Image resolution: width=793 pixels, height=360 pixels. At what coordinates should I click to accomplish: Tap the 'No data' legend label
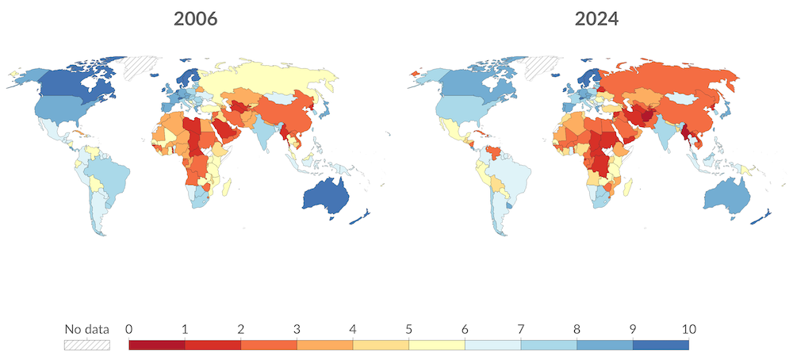86,329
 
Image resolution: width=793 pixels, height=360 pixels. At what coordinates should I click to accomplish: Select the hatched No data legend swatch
86,345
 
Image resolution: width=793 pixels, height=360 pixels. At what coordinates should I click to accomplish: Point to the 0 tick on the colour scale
128,329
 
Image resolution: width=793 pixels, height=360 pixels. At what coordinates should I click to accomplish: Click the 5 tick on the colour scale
408,329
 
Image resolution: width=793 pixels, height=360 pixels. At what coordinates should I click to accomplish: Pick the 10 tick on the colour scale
688,329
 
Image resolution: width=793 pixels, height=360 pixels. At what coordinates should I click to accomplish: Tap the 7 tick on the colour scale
520,329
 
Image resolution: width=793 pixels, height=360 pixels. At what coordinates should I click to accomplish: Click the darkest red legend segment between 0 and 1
156,345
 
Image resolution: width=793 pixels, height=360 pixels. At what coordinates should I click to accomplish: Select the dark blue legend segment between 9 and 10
661,345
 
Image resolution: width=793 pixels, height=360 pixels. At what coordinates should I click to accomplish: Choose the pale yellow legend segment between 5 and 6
436,345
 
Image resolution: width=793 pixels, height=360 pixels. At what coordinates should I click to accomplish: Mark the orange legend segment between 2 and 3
269,345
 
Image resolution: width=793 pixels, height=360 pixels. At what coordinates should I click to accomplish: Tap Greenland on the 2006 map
144,65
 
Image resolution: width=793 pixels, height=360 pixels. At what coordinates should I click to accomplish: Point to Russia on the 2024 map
674,79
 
